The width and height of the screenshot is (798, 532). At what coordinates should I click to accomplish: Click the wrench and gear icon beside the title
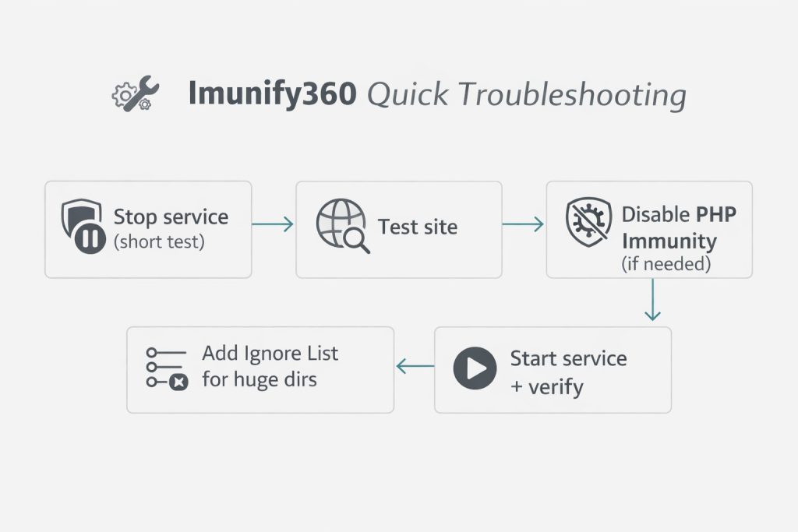pyautogui.click(x=136, y=94)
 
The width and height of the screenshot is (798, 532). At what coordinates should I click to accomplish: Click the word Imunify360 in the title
pyautogui.click(x=272, y=95)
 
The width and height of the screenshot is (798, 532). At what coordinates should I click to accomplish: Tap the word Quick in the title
pyautogui.click(x=407, y=95)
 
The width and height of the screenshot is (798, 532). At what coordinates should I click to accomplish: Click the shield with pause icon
pyautogui.click(x=83, y=226)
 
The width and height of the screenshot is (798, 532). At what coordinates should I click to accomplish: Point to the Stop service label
pyautogui.click(x=171, y=217)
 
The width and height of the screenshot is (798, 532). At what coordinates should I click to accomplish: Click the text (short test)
pyautogui.click(x=159, y=242)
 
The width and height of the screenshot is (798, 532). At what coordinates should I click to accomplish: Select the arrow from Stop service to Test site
pyautogui.click(x=273, y=224)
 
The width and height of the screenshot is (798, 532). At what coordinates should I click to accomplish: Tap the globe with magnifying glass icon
pyautogui.click(x=343, y=227)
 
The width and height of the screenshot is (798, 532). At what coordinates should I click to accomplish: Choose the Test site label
pyautogui.click(x=418, y=227)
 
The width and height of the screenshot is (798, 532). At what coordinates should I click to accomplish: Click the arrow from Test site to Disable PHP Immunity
pyautogui.click(x=523, y=224)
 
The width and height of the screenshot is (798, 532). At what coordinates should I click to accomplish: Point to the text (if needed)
pyautogui.click(x=666, y=264)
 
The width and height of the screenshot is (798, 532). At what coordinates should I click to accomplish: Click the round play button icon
pyautogui.click(x=475, y=369)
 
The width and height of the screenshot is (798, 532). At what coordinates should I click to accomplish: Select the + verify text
pyautogui.click(x=546, y=386)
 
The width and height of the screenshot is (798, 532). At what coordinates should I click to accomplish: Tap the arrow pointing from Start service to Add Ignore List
pyautogui.click(x=415, y=365)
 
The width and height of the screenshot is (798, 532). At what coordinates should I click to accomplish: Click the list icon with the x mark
pyautogui.click(x=166, y=367)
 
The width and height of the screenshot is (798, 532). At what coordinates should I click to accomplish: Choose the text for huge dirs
pyautogui.click(x=259, y=381)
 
